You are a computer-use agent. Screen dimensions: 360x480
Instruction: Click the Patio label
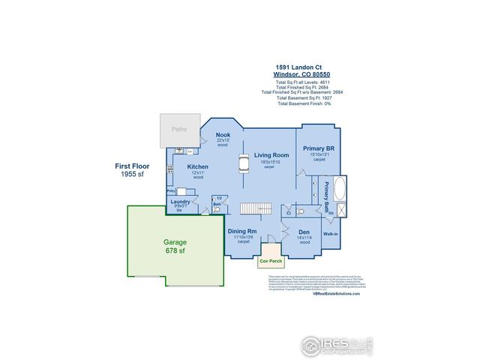coord(178,129)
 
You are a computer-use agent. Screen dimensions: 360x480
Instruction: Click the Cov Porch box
coord(269,262)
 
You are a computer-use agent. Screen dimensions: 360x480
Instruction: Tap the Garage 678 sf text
coord(175,247)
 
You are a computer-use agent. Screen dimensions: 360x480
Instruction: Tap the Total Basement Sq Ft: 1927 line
coord(305,97)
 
